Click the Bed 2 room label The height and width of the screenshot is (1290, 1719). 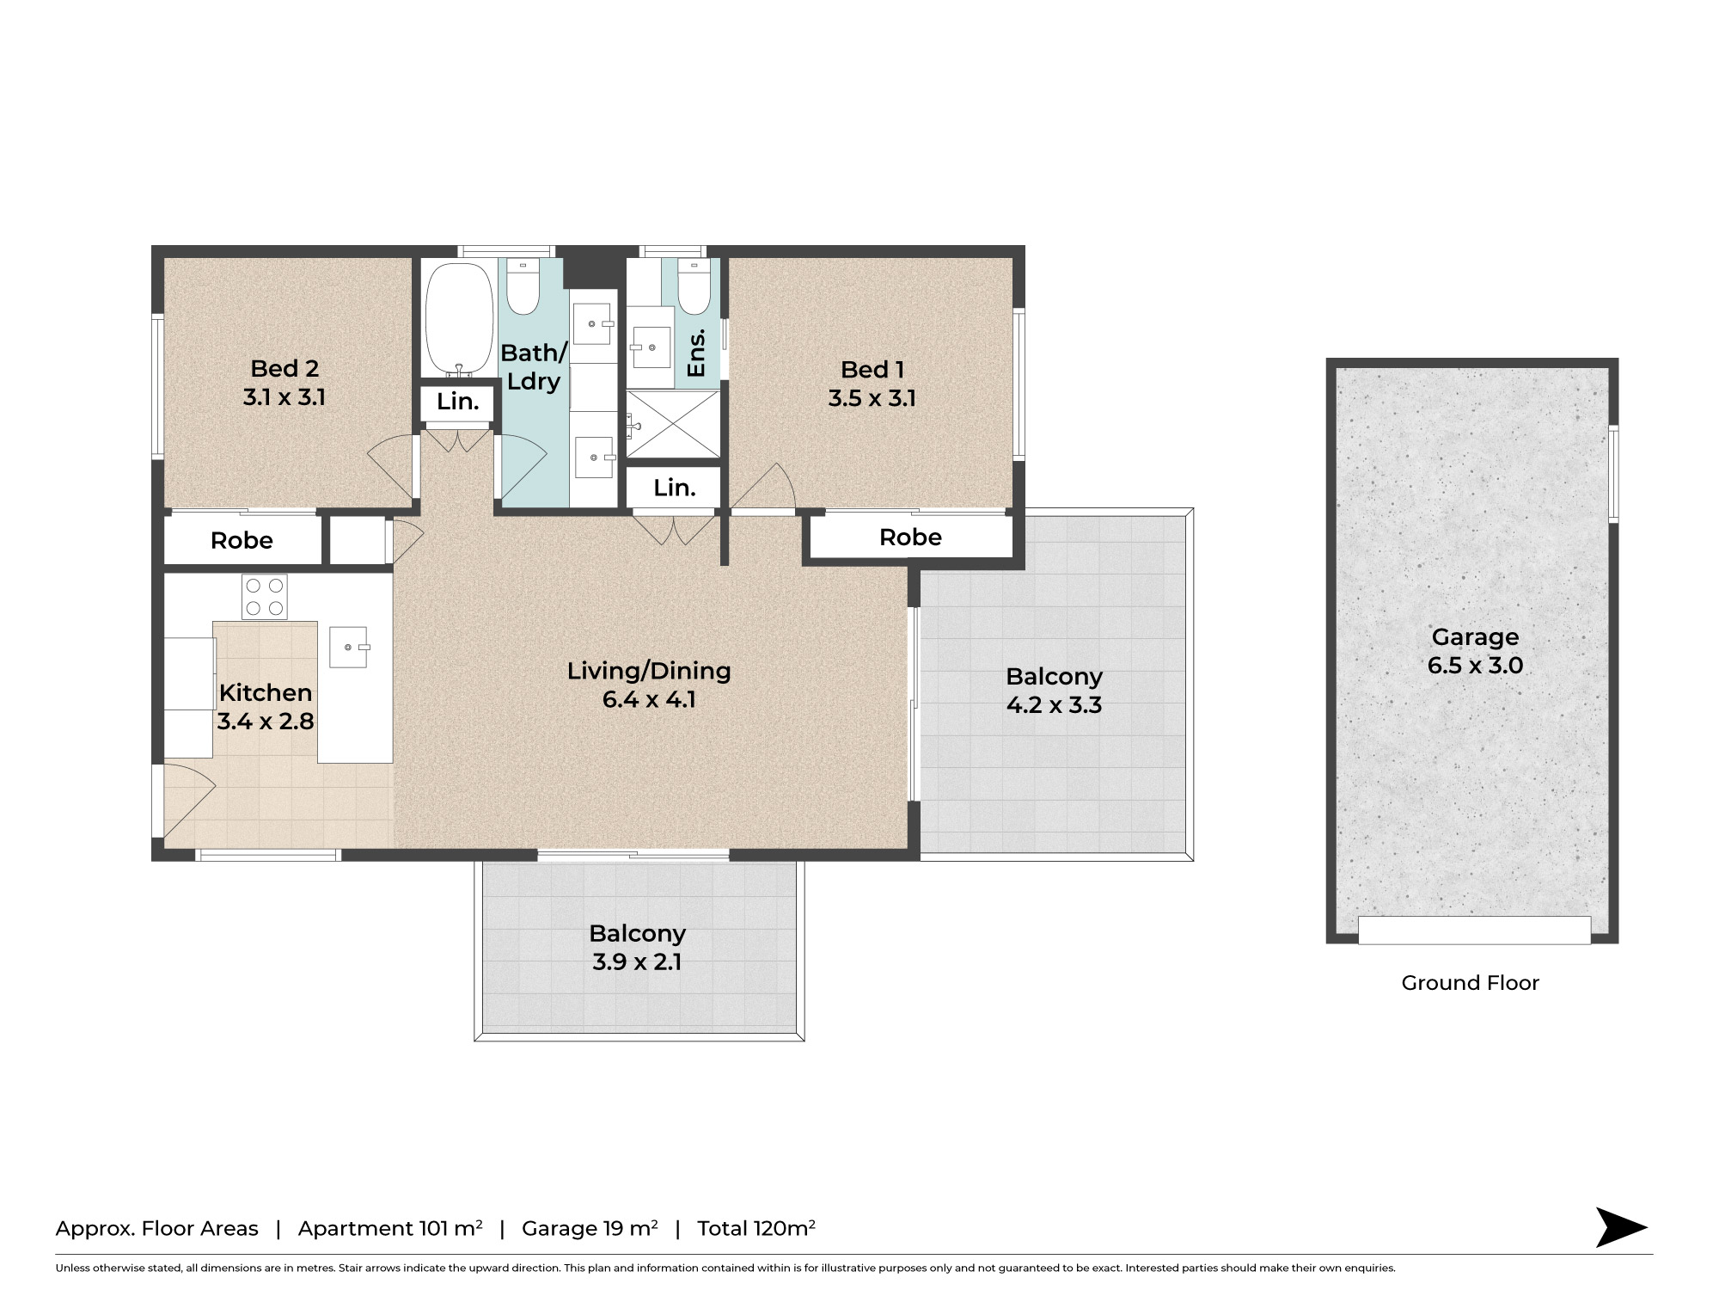tap(284, 368)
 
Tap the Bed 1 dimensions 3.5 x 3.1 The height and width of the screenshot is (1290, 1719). tap(872, 398)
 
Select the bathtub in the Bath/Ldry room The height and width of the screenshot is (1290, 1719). tap(458, 318)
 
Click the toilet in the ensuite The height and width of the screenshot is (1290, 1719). tap(694, 286)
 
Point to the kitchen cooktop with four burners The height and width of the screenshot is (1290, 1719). tap(265, 597)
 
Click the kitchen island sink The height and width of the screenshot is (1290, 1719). tap(349, 647)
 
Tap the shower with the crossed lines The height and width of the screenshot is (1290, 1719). tap(673, 424)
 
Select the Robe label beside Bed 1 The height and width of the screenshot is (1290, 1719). tap(910, 537)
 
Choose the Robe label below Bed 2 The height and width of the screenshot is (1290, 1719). tap(242, 541)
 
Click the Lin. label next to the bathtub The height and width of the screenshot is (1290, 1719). tap(457, 402)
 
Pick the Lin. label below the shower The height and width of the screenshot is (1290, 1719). tap(674, 488)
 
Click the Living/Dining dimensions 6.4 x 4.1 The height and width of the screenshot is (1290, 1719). tap(649, 699)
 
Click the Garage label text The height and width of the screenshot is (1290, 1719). tap(1475, 637)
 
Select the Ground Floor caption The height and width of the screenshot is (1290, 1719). tap(1470, 983)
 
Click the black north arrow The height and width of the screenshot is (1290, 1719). tap(1620, 1227)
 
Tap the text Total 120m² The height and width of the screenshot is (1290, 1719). tap(756, 1228)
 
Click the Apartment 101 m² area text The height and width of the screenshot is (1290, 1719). tap(390, 1229)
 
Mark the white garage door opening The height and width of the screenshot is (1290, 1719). tap(1474, 931)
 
